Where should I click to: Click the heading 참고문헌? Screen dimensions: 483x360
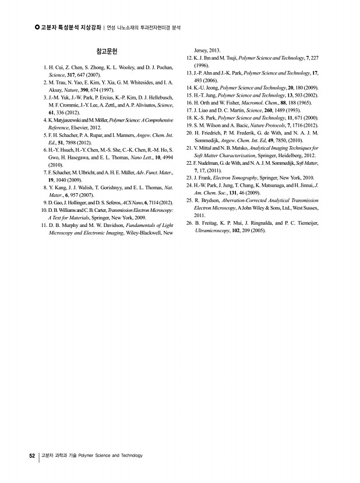[107, 51]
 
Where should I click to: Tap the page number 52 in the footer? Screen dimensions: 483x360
[33, 456]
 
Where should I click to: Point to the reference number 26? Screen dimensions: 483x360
[189, 223]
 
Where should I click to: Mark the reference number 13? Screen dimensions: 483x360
[189, 73]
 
